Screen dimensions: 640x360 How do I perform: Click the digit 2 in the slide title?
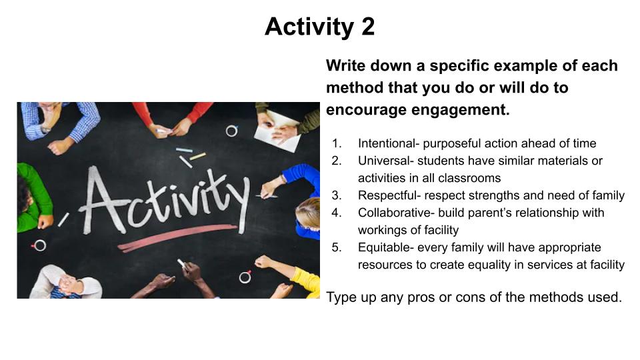pyautogui.click(x=367, y=27)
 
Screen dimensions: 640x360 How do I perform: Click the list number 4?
pyautogui.click(x=336, y=213)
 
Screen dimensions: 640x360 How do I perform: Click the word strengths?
pyautogui.click(x=494, y=195)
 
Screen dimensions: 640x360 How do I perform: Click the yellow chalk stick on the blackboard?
pyautogui.click(x=198, y=156)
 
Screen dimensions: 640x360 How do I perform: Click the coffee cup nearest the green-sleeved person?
pyautogui.click(x=39, y=245)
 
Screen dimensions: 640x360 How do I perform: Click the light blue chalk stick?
pyautogui.click(x=184, y=150)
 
